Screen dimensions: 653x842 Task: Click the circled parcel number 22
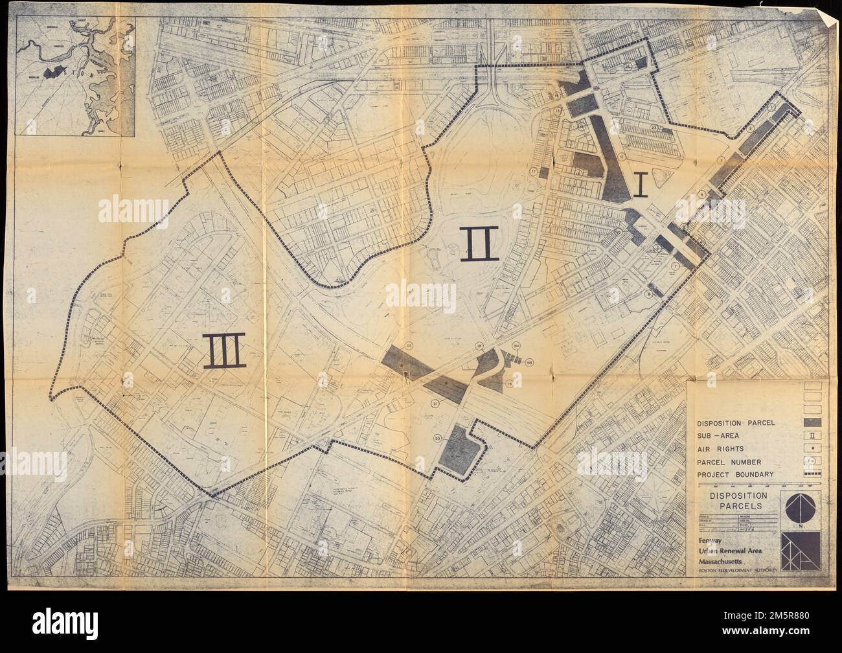click(409, 346)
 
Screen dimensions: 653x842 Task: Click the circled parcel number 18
click(480, 346)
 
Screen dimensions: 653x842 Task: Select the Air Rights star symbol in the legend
click(813, 448)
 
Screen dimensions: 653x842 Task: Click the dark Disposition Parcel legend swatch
click(812, 422)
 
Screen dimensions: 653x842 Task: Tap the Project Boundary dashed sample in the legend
click(812, 474)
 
